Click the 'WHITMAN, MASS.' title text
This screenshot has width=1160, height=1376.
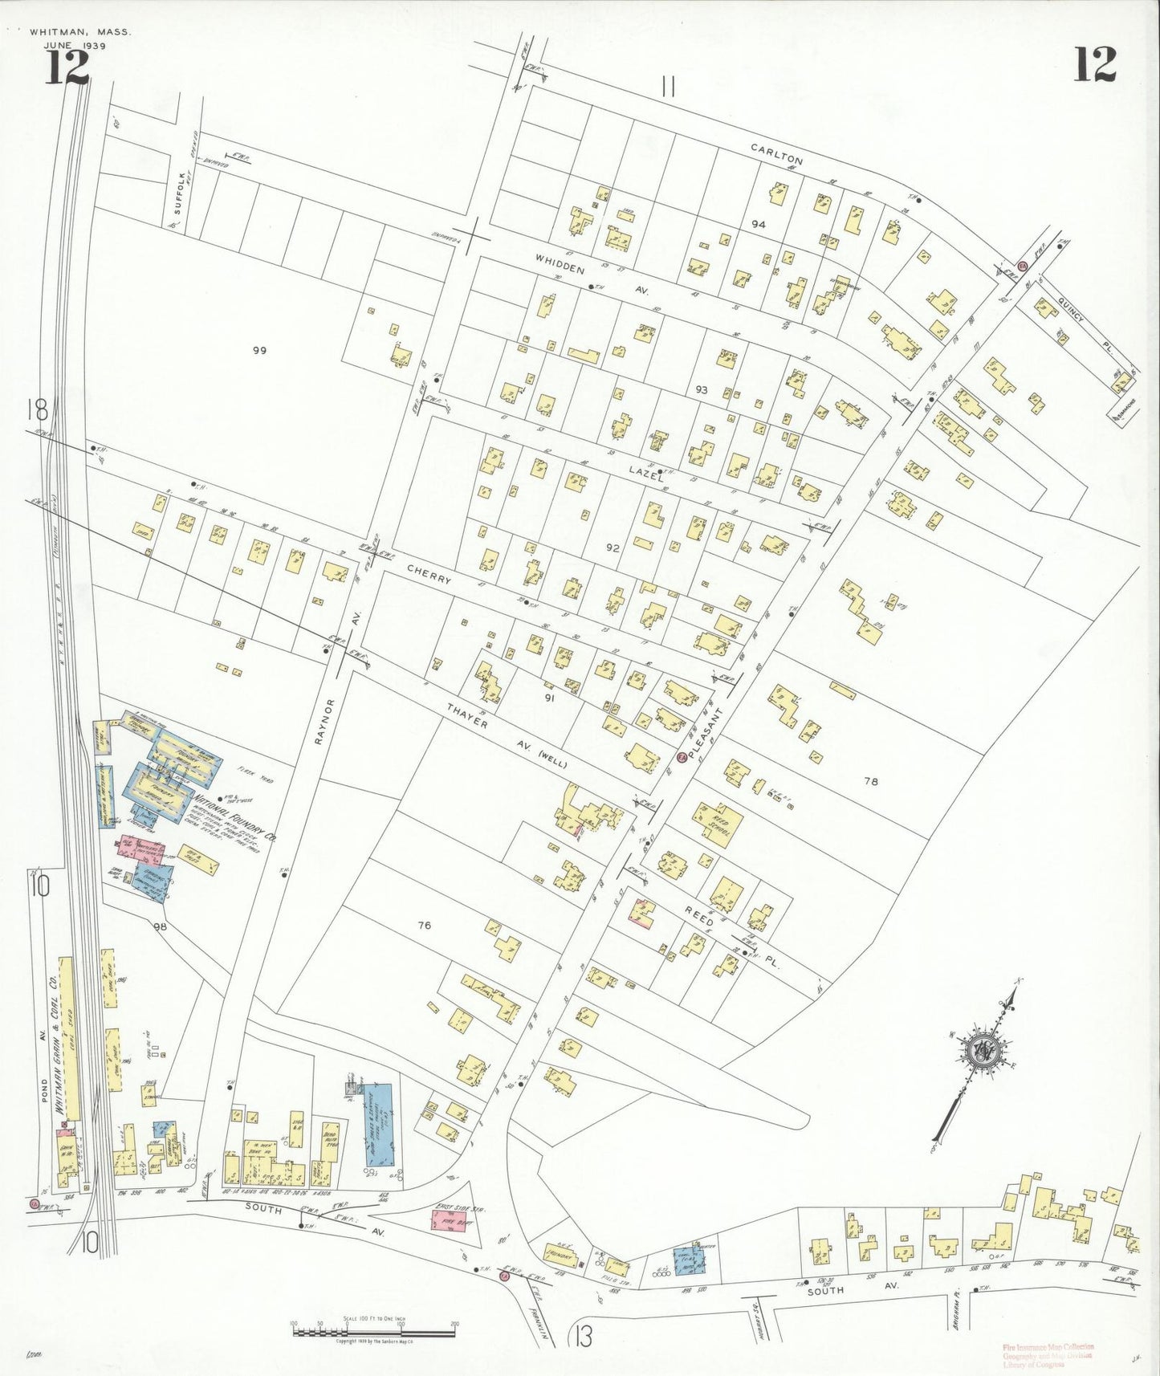[x=79, y=33]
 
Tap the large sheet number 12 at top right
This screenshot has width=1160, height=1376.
[x=1094, y=65]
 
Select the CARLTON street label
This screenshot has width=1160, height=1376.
[x=776, y=154]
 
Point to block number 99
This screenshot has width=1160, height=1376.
[x=258, y=350]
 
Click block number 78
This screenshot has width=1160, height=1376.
[x=871, y=780]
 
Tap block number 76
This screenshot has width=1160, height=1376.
[x=425, y=926]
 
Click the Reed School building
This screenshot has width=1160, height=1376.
[x=717, y=824]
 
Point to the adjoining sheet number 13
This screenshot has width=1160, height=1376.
[x=583, y=1337]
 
